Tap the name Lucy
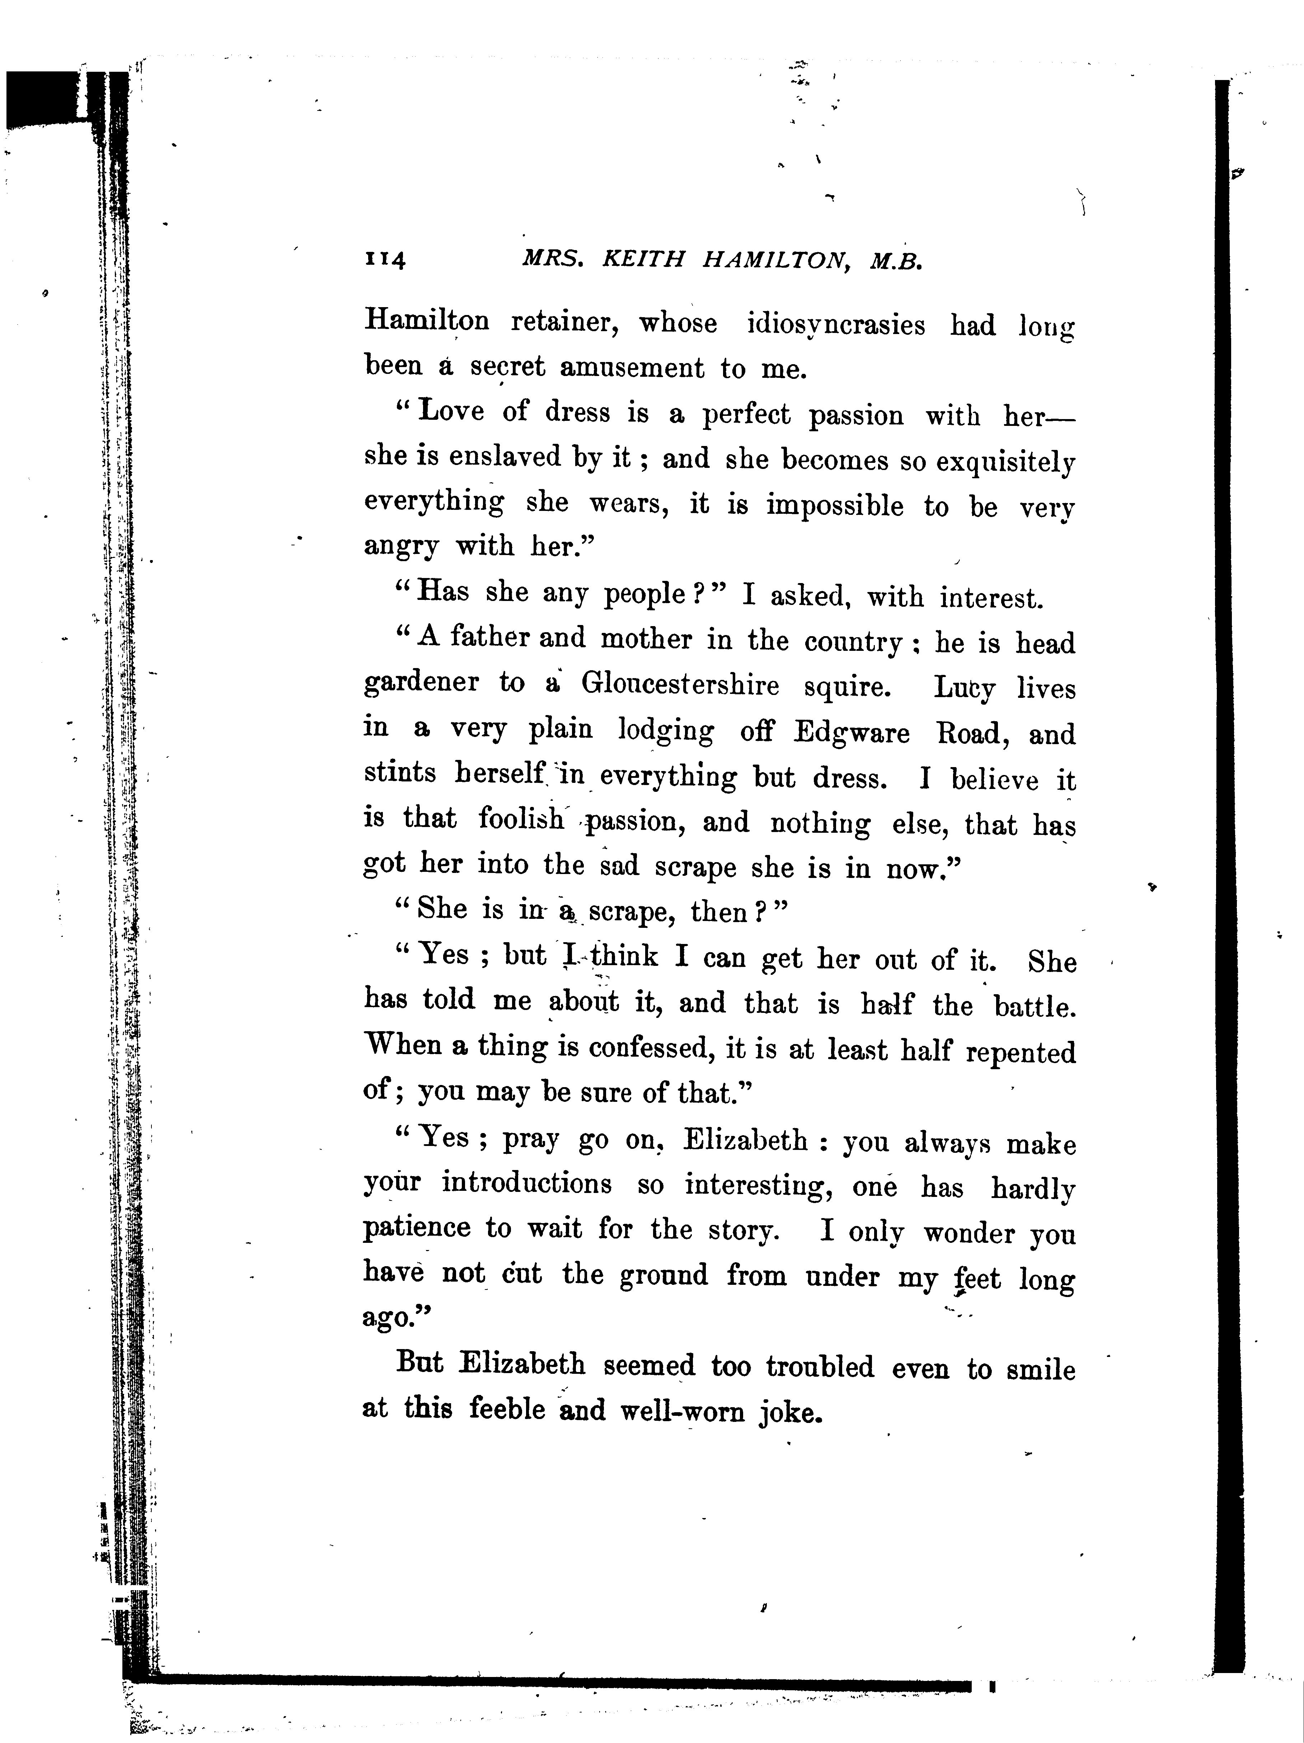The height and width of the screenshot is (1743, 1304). click(965, 688)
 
